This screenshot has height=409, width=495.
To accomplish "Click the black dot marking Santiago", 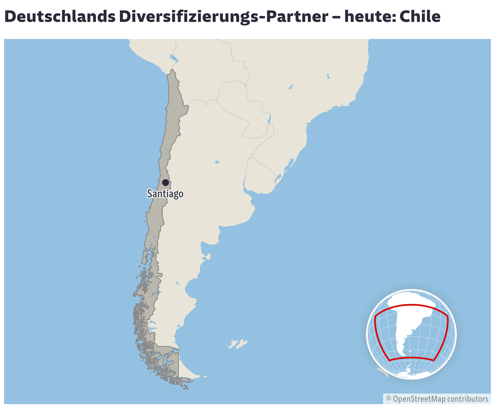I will coord(165,183).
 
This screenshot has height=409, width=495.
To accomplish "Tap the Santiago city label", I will coord(165,194).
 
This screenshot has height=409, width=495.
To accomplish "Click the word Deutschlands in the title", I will coord(60,17).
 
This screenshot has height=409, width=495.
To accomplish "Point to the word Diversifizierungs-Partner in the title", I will coord(223,17).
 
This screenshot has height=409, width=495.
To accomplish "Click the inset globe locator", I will coord(411,334).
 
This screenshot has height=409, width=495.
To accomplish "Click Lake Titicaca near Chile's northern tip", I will coord(173,58).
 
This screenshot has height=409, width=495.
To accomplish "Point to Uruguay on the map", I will coord(261,176).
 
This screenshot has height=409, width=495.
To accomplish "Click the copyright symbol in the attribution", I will coord(389,399).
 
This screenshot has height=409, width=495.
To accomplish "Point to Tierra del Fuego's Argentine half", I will coord(187,371).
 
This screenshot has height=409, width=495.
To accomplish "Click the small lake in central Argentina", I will coord(217,162).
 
